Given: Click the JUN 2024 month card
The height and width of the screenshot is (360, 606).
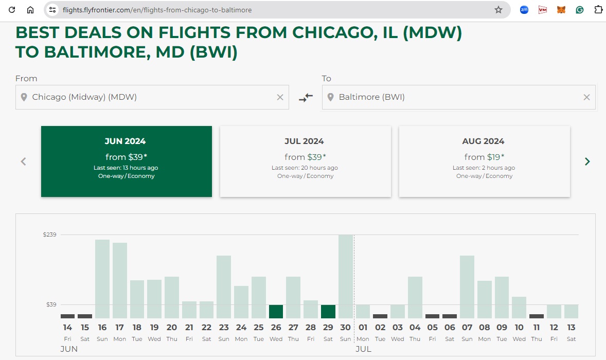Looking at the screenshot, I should (126, 161).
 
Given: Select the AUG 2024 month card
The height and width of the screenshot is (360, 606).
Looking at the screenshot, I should (484, 161).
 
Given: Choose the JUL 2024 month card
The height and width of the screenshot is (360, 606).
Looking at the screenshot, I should (305, 161).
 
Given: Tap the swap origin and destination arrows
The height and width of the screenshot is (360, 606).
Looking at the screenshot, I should (306, 97).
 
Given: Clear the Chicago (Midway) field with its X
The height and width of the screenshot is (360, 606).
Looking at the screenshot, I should (280, 97).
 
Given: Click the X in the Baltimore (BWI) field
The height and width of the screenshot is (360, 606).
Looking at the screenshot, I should (586, 97).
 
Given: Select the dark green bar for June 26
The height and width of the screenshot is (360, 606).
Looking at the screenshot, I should (276, 312).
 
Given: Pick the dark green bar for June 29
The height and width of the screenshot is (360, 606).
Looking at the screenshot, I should (328, 312).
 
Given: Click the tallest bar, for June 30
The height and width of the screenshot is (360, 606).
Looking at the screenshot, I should (346, 276).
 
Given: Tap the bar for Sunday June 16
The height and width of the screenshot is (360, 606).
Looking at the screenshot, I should (102, 279).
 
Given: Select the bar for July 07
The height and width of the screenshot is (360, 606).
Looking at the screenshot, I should (467, 286).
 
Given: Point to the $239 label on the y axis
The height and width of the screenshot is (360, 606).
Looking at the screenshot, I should (50, 235).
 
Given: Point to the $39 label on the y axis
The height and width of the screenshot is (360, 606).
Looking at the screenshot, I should (51, 304).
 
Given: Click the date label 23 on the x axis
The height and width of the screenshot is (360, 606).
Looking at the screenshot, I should (224, 327).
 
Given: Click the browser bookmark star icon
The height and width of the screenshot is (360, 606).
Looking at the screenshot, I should (498, 10).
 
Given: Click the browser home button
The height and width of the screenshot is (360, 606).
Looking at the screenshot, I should (30, 10).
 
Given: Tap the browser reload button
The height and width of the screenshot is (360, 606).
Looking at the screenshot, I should (12, 10).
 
